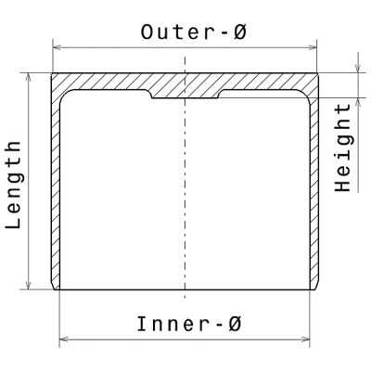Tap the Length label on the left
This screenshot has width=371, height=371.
click(x=14, y=185)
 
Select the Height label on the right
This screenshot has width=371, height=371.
click(x=342, y=147)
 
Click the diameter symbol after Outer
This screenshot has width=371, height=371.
click(x=240, y=32)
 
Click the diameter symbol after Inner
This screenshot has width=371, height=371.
click(x=234, y=325)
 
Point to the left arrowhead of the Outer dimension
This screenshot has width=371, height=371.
click(x=57, y=48)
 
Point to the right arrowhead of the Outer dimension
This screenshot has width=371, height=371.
click(x=313, y=48)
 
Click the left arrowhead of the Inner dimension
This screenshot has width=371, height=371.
click(x=63, y=339)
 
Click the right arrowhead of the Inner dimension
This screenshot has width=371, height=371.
click(x=306, y=339)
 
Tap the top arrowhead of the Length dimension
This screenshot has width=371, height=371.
click(x=29, y=77)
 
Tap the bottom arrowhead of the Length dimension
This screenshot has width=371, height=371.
click(x=29, y=286)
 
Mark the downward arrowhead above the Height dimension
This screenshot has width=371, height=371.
click(x=358, y=69)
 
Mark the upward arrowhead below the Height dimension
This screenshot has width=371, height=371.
click(x=358, y=102)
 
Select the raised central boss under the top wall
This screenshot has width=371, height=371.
click(x=185, y=95)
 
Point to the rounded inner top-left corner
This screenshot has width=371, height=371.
click(x=65, y=95)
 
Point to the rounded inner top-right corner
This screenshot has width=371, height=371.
click(x=305, y=95)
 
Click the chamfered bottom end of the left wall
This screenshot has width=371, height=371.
click(x=56, y=286)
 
